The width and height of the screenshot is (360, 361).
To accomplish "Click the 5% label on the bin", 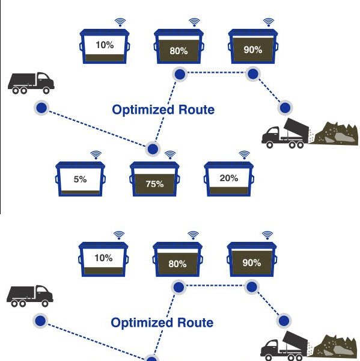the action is (x=80, y=179).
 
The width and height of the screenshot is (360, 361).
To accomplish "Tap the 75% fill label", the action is (x=154, y=184).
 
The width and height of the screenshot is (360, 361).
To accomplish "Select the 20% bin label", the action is (x=228, y=178).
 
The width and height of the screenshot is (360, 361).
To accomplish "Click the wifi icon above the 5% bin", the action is (x=96, y=155).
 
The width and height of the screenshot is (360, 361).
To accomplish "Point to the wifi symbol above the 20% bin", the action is (x=244, y=155).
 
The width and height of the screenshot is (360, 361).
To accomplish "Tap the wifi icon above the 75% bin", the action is (x=170, y=155).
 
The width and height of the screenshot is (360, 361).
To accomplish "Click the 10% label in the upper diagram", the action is (x=105, y=45).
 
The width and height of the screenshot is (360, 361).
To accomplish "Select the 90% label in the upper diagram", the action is (x=253, y=50).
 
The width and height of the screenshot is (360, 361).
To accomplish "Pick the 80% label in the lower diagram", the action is (x=177, y=264).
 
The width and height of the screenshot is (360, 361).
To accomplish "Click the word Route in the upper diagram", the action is (x=197, y=110).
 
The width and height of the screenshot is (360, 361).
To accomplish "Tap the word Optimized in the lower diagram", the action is (x=142, y=323).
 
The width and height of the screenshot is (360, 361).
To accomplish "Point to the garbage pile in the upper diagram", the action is (x=337, y=134).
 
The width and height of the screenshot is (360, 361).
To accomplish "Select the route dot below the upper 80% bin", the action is (x=180, y=74).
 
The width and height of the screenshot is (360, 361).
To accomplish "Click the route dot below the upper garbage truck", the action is (x=41, y=108).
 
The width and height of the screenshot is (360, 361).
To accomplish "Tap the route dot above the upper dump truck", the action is (x=285, y=108).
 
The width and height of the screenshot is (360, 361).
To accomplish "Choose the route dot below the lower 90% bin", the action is (x=252, y=287).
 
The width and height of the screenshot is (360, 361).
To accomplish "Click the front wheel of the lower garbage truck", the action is (x=45, y=303).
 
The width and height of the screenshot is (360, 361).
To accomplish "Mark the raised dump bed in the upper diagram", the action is (x=296, y=128).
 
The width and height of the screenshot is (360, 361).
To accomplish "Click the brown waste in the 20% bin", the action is (x=228, y=191).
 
